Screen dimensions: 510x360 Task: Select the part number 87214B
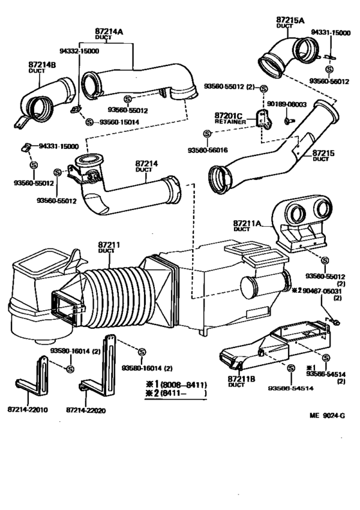[42, 65]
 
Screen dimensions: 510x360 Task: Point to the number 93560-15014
[120, 121]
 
